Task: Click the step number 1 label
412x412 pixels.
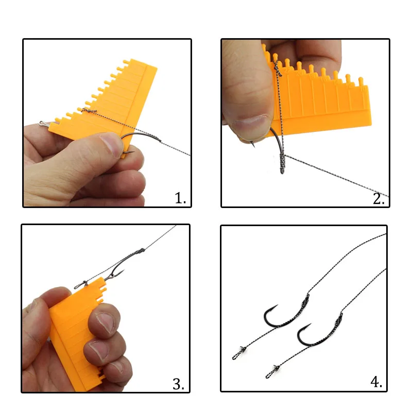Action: pos(180,198)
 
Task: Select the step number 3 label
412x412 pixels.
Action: pos(178,384)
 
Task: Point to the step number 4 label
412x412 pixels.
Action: pos(376,382)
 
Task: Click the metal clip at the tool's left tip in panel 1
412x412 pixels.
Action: pos(43,124)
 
